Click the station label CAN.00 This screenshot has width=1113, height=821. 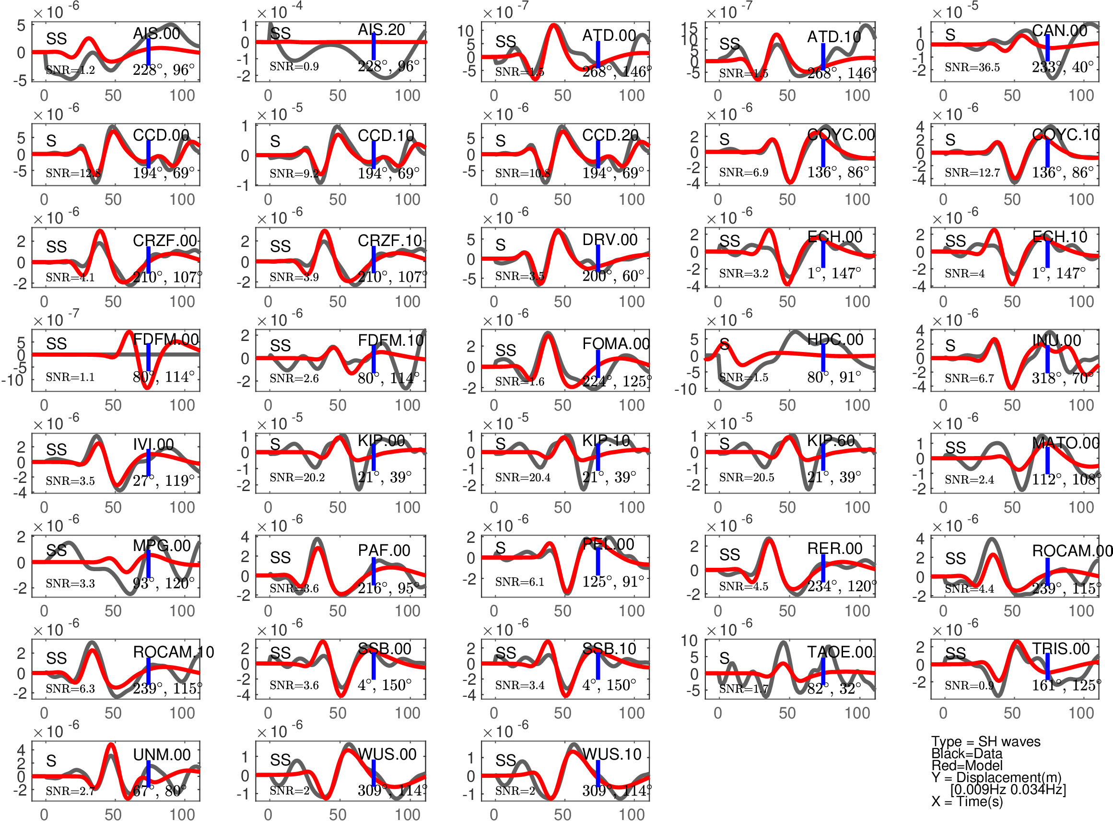1059,31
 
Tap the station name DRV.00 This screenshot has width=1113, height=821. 609,240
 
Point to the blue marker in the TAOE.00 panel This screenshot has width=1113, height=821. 823,671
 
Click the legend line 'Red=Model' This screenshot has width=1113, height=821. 966,765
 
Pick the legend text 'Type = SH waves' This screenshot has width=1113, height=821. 985,741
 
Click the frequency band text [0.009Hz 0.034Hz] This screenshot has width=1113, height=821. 1008,789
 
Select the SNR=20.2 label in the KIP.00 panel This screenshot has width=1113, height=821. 297,477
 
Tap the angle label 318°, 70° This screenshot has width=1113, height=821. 1062,378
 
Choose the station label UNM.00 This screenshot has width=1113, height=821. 162,754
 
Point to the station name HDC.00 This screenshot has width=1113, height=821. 835,340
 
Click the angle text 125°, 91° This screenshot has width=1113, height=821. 613,581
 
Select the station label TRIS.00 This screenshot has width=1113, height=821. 1061,648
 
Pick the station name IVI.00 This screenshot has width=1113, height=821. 153,444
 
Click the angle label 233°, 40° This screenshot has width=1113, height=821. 1062,67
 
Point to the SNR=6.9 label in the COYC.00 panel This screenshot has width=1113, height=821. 743,173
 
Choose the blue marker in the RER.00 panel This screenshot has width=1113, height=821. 823,567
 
